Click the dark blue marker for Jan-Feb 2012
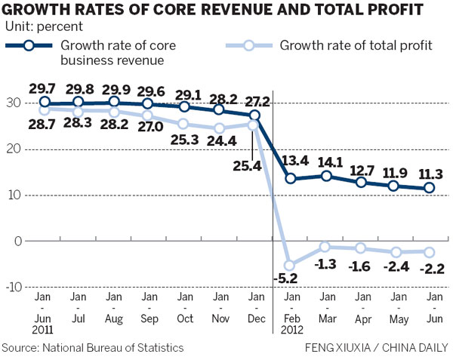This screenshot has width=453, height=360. (x=290, y=179)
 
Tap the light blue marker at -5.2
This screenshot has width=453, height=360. (x=290, y=265)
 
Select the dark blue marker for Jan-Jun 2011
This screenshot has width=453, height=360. (x=45, y=102)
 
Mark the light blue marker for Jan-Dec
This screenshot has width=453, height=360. (x=254, y=125)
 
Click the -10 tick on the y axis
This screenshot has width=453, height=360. (x=14, y=287)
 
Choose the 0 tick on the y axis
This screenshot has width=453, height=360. (x=17, y=241)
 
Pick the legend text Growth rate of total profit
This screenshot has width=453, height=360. (x=356, y=45)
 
